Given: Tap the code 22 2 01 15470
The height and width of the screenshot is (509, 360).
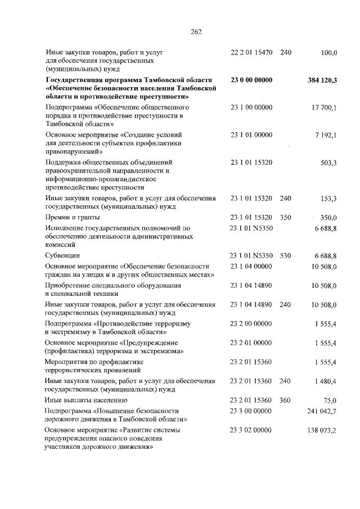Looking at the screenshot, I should pyautogui.click(x=251, y=53).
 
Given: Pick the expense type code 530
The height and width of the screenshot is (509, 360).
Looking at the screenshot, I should pyautogui.click(x=285, y=256).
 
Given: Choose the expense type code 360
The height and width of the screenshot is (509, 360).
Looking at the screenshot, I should pyautogui.click(x=285, y=400).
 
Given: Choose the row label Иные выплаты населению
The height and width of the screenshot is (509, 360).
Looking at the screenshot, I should pyautogui.click(x=82, y=400).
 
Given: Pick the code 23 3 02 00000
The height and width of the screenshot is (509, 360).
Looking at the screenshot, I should pyautogui.click(x=251, y=430).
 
